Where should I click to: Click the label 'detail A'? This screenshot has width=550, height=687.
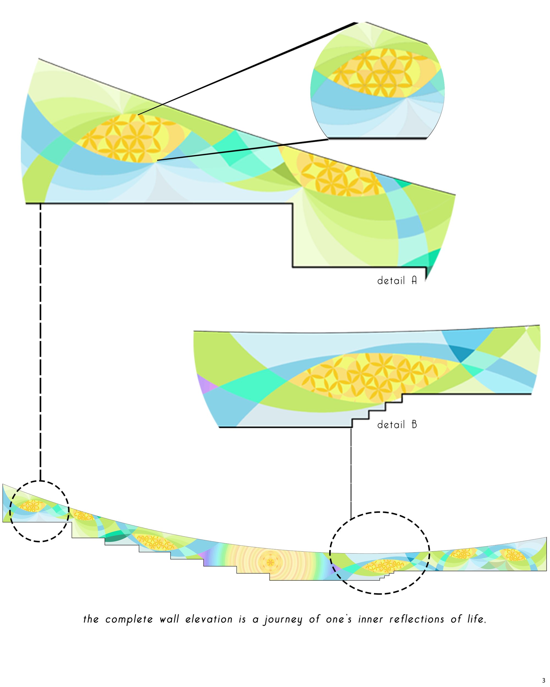click(397, 280)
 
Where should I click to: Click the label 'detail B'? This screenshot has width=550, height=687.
click(397, 425)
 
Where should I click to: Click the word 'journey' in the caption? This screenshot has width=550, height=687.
click(282, 619)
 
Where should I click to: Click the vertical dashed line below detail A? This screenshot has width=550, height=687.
click(40, 342)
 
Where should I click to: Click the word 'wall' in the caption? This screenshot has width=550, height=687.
click(169, 619)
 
